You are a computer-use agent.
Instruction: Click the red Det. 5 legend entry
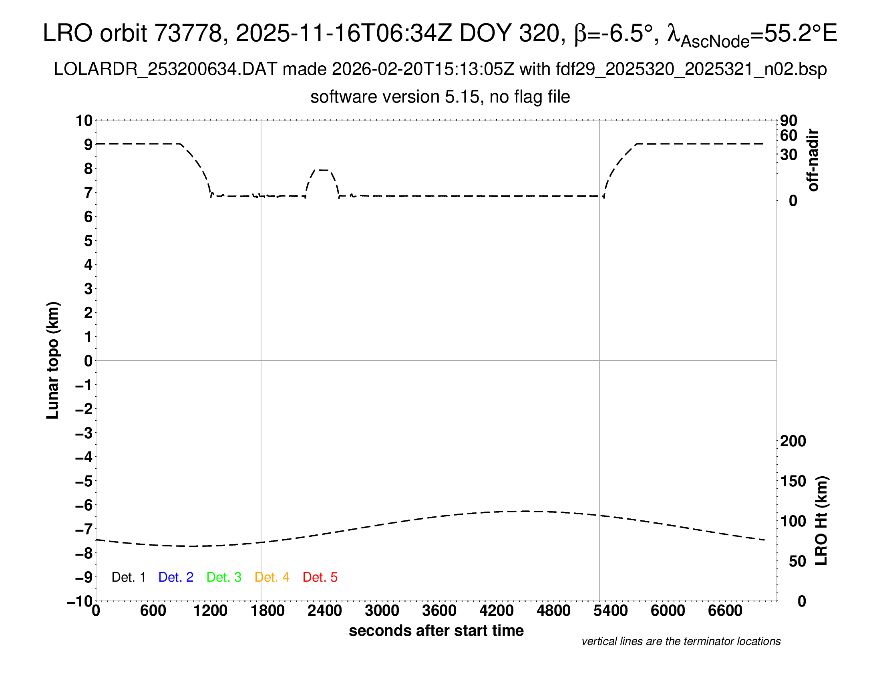pos(320,577)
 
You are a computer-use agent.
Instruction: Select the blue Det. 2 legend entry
pos(176,577)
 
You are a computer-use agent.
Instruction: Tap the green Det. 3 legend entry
pos(224,577)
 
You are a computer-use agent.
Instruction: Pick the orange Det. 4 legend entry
pos(272,577)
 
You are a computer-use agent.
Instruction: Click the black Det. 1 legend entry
pos(128,577)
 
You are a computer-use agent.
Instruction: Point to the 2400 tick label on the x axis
pos(325,611)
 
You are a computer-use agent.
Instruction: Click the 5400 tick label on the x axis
pos(611,611)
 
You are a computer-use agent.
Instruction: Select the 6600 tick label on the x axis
pos(725,611)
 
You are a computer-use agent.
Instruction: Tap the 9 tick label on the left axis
pos(88,145)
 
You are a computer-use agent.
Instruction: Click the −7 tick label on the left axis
pos(84,529)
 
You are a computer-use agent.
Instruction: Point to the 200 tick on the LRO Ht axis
pos(793,441)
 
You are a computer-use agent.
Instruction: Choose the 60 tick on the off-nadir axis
pos(788,135)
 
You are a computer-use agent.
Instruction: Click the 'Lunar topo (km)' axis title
pos(53,360)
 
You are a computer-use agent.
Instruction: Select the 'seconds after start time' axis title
pos(436,631)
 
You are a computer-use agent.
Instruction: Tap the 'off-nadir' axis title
pos(813,160)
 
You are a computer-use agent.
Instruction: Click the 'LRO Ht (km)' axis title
pos(821,521)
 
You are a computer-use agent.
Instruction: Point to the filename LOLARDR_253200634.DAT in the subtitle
pos(165,69)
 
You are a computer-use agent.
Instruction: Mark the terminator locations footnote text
pos(681,641)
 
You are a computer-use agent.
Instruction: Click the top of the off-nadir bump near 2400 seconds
pos(322,170)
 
